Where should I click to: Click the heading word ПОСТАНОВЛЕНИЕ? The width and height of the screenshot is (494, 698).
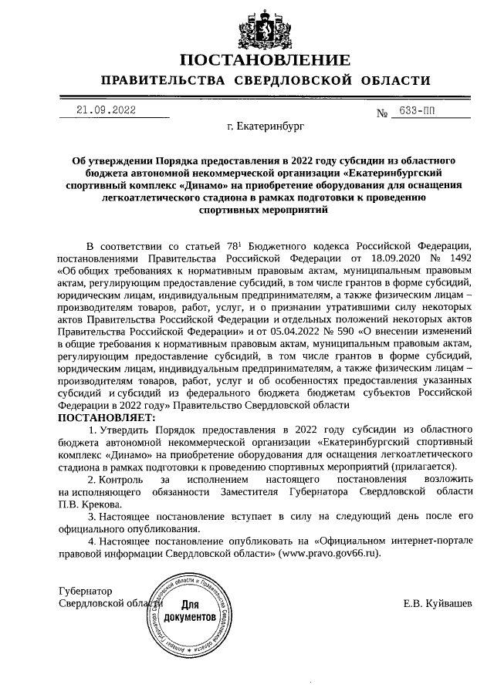[265, 60]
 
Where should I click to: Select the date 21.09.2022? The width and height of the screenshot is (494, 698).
[106, 110]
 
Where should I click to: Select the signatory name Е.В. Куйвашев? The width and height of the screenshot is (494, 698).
[437, 602]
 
